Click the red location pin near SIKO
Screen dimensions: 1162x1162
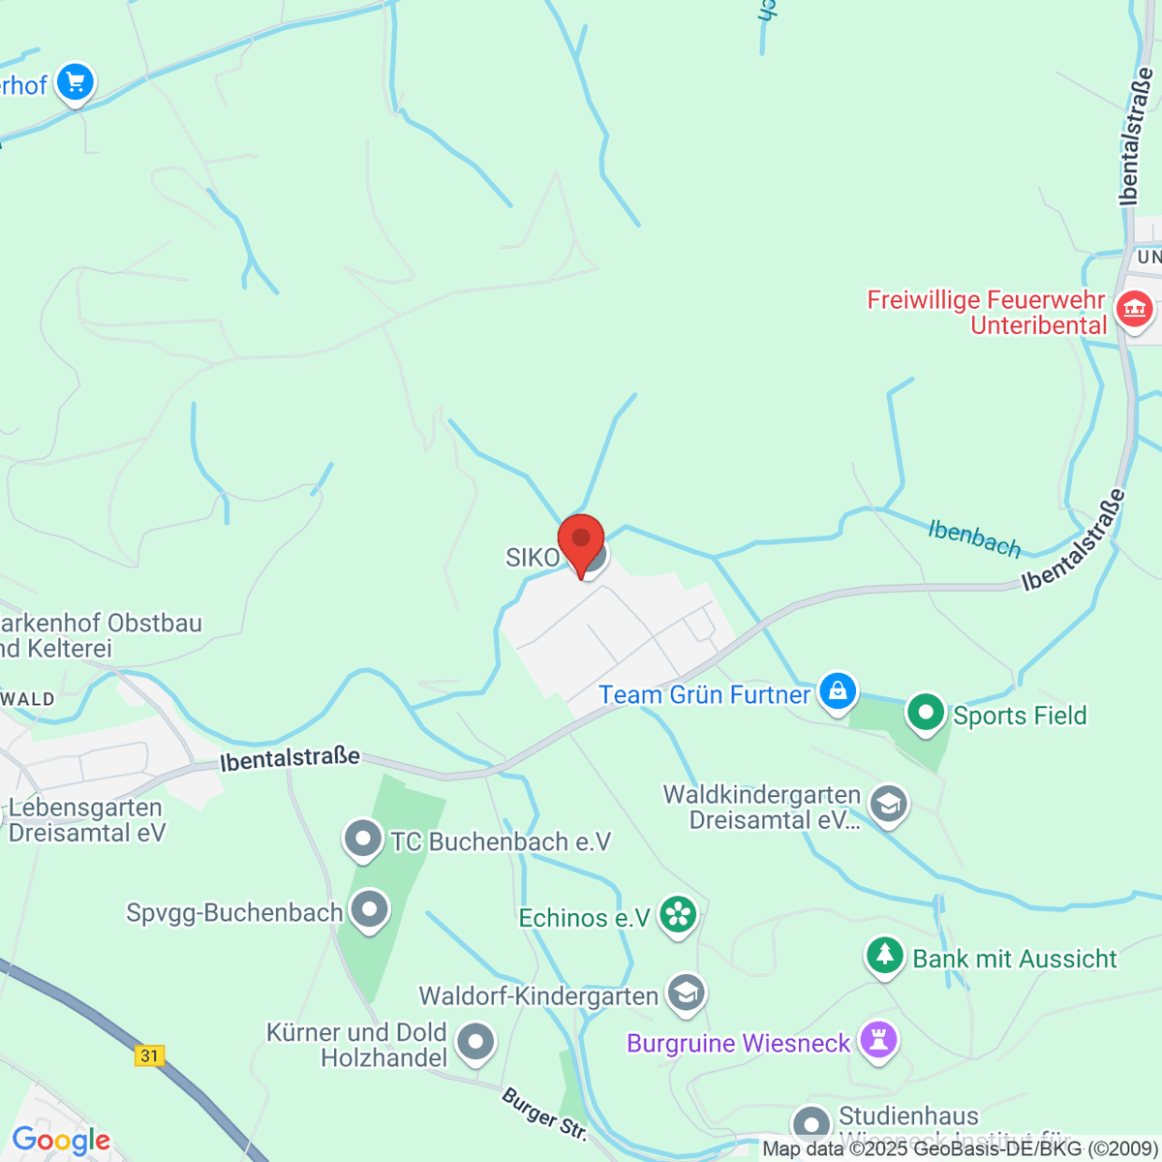[581, 541]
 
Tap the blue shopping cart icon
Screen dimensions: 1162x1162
[75, 83]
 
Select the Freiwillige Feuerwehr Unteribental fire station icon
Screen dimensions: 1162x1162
[1134, 310]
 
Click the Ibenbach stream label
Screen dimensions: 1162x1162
[974, 538]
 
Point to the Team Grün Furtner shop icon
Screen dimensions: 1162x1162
[838, 691]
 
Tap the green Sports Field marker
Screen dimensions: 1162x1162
[926, 713]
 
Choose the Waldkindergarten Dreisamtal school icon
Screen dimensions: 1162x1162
[888, 804]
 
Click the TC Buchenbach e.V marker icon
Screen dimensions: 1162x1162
[363, 839]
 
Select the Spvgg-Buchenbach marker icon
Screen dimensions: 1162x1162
[369, 909]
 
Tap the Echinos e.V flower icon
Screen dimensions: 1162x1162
[678, 914]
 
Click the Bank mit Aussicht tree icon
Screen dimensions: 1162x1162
[884, 956]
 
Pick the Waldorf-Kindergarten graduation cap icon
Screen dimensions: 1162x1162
[687, 993]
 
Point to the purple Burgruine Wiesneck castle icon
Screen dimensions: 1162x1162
[879, 1041]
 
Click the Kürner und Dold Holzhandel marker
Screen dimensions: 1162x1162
[475, 1043]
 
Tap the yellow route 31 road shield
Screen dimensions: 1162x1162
[149, 1055]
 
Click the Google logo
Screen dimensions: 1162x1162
[61, 1141]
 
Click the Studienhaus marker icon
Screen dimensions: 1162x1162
[810, 1124]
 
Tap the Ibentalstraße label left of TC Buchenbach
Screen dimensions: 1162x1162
[290, 758]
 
